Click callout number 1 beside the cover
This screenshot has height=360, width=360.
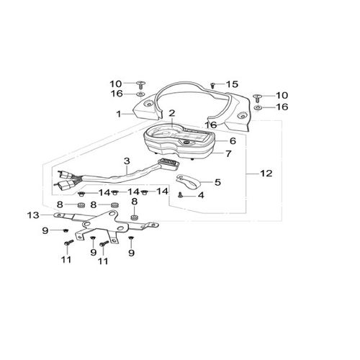[x=119, y=114]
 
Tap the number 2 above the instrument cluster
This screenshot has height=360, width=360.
[x=172, y=113]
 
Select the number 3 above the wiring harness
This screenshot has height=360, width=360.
[x=127, y=161]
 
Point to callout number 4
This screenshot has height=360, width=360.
[x=201, y=195]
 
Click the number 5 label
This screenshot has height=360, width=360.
[x=217, y=182]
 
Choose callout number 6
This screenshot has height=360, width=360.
[x=233, y=140]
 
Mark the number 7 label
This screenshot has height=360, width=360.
[x=228, y=153]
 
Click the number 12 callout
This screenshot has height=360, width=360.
[x=266, y=173]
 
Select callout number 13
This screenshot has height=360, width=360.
[x=33, y=215]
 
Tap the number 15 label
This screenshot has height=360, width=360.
[x=232, y=84]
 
